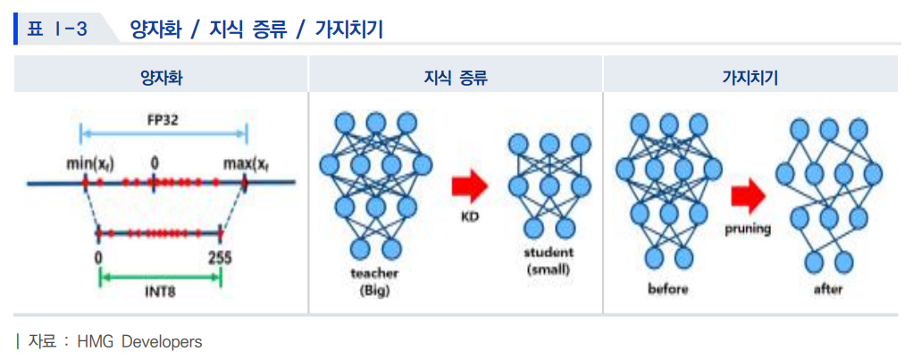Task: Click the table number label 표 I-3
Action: click(x=55, y=29)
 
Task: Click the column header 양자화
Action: click(x=161, y=77)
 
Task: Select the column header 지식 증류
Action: click(x=456, y=77)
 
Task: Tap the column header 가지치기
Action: click(x=750, y=77)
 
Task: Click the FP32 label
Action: click(x=163, y=120)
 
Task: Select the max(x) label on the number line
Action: click(x=247, y=164)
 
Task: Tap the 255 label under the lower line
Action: click(x=220, y=258)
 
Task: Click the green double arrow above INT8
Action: click(x=160, y=276)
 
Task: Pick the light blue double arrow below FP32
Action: click(x=163, y=135)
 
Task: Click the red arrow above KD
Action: click(x=468, y=185)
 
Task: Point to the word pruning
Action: click(x=747, y=230)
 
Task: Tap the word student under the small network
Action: click(x=549, y=253)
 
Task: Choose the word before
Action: click(x=668, y=289)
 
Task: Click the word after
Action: click(x=827, y=289)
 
